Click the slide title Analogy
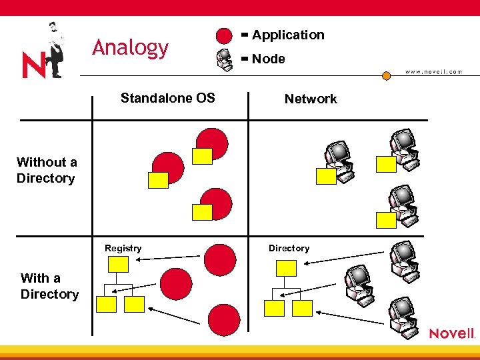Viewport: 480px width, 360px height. click(131, 48)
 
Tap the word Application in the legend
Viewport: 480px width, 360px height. click(288, 35)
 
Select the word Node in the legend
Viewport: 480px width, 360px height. click(268, 59)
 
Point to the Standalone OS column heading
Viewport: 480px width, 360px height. click(167, 98)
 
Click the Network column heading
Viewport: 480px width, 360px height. click(311, 99)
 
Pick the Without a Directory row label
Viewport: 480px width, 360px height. click(46, 170)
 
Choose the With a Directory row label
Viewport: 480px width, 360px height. click(49, 286)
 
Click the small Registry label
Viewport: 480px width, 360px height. click(123, 248)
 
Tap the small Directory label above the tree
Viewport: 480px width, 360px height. click(289, 248)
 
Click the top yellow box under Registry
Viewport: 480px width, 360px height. click(117, 264)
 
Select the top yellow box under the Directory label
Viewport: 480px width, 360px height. click(286, 268)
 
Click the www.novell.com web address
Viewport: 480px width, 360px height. click(433, 71)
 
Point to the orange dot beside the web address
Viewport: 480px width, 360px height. click(386, 75)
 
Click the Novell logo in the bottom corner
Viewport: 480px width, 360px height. click(451, 333)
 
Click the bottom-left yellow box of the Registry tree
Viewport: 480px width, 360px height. click(107, 305)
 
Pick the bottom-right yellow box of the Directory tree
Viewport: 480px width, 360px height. click(302, 308)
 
